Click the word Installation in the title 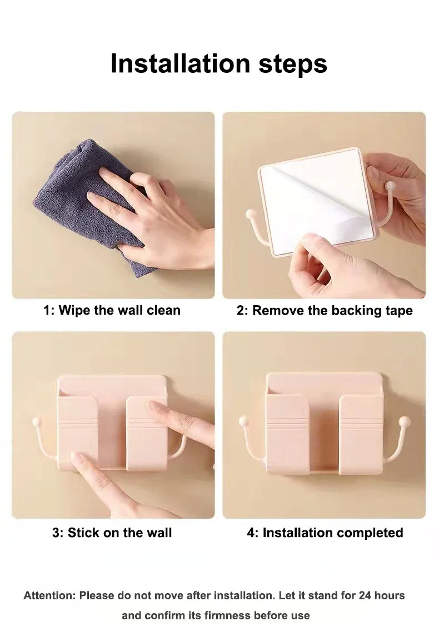point(180,63)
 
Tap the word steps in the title point(292,64)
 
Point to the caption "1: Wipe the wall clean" point(112,310)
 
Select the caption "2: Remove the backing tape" point(325,311)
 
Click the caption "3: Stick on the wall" point(112,533)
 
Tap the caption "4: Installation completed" point(325,533)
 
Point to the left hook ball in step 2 point(251,213)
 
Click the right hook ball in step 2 point(390,186)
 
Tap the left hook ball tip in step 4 point(243,421)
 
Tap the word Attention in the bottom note point(49,595)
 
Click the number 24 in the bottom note point(365,595)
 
